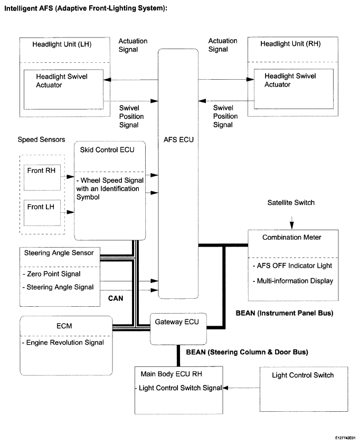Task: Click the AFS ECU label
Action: coord(178,139)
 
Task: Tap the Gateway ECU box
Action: coord(178,329)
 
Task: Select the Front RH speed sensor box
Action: coord(42,177)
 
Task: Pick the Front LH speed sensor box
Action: coord(42,213)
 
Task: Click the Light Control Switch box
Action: coord(304,389)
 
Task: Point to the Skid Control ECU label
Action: coord(107,150)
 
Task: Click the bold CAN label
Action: coord(116,298)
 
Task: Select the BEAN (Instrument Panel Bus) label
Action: coord(285,313)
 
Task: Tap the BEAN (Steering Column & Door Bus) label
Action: coord(247,352)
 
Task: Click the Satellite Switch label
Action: coord(291,202)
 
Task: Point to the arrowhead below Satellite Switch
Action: coord(292,225)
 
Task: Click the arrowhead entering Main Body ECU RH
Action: coord(225,388)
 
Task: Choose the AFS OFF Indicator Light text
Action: coord(292,266)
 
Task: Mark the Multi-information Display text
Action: coord(293,281)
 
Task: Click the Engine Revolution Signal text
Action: coord(63,343)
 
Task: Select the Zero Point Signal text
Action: coord(52,274)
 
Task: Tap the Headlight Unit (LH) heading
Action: coord(62,44)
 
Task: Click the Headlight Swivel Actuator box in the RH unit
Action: coord(293,89)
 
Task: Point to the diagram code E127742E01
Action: coord(345,438)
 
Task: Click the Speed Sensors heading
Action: coord(41,139)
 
